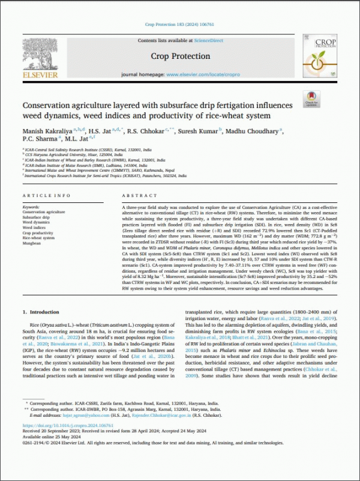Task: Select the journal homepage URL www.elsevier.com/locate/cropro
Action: click(199, 74)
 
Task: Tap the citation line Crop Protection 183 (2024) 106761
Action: click(179, 25)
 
